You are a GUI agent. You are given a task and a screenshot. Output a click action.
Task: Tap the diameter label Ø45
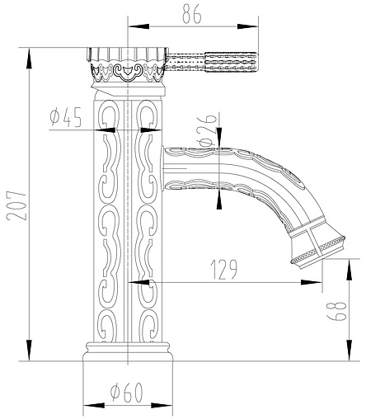pos(66,118)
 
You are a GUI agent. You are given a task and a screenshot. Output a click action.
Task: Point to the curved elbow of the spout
pos(280,181)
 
